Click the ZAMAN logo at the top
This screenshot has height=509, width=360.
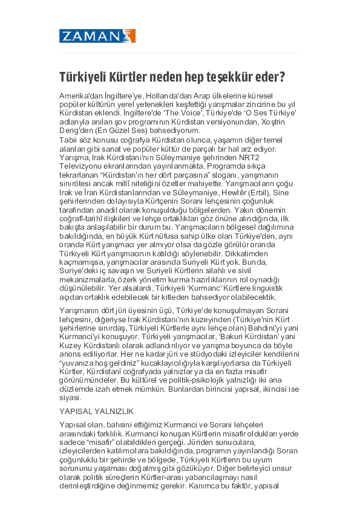97,36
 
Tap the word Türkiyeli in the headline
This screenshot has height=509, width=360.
82,77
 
